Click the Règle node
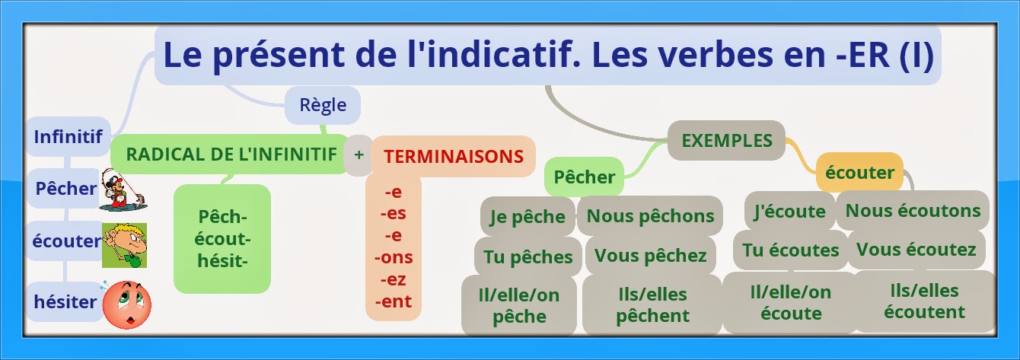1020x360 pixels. tap(323, 106)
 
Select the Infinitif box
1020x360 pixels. tap(68, 137)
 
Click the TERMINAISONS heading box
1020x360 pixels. tap(454, 157)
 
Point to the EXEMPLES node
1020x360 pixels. tap(726, 140)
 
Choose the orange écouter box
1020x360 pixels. tap(859, 172)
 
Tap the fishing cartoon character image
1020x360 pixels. tap(124, 190)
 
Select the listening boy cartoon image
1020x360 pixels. tap(125, 244)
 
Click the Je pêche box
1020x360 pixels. tap(527, 217)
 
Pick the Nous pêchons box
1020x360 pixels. tap(650, 215)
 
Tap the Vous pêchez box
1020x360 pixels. tap(650, 256)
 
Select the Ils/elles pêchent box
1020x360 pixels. tap(652, 304)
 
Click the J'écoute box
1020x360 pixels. tap(789, 211)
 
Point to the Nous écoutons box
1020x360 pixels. tap(913, 210)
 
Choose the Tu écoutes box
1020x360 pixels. tap(790, 250)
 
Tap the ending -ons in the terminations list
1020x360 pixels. tap(394, 257)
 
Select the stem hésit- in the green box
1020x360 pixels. tap(222, 260)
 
